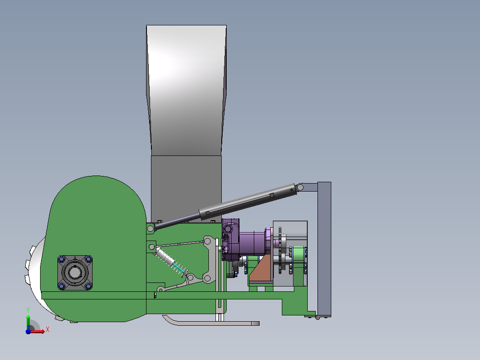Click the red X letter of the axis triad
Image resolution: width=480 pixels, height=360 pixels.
(48, 330)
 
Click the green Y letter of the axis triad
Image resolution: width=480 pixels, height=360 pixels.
(28, 310)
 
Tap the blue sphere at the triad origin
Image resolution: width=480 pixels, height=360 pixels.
(28, 331)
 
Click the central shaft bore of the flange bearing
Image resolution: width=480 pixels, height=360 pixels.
(75, 272)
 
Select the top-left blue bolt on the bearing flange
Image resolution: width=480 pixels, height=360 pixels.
(61, 259)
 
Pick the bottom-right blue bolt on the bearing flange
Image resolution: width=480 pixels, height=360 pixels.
(88, 286)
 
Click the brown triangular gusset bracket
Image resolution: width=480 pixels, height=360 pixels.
(261, 270)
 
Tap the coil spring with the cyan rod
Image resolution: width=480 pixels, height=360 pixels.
(172, 262)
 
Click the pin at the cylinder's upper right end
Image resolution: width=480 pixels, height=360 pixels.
(300, 187)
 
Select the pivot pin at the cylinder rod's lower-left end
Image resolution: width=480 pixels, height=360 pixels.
(151, 229)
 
